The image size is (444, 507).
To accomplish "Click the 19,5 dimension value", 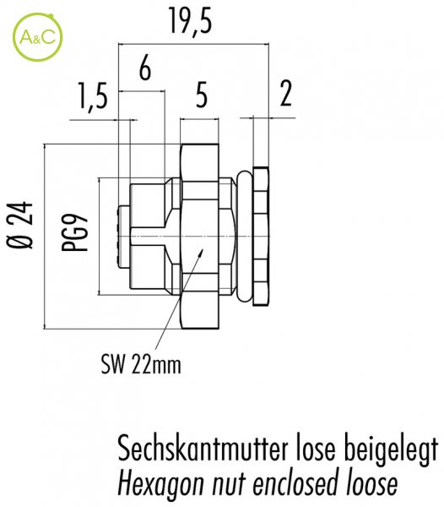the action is pos(191,21).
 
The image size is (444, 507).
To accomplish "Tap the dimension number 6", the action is pos(145,69).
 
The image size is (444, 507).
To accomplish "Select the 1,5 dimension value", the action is pos(92,95).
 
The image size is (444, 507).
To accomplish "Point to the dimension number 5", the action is pos(201,96).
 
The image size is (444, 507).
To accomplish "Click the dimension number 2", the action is pos(286,94).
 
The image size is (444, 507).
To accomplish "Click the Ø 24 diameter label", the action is pos(20,226).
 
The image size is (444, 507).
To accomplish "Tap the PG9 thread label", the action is pos(75,232).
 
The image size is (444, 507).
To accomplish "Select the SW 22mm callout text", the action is pos(141,364).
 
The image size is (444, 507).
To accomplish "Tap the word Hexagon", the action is pos(161,484).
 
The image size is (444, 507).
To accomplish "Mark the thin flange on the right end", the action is pos(261,236).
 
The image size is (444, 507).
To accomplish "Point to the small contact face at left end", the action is pos(124,237).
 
